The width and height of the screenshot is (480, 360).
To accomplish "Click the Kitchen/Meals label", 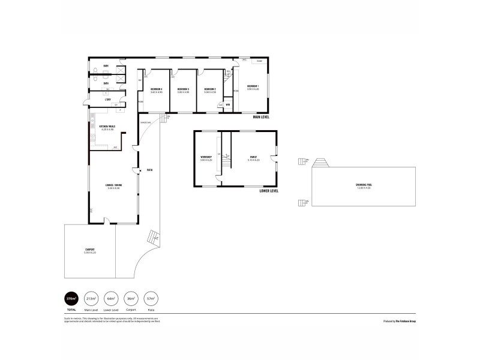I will (99, 127).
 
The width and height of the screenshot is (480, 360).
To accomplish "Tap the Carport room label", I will (90, 250).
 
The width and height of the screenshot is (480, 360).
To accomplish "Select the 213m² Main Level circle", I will (91, 298).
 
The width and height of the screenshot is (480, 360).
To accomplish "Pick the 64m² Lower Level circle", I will (110, 298).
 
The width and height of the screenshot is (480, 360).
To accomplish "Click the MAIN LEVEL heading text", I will (260, 117).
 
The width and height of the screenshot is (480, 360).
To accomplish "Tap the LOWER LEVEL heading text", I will (269, 191).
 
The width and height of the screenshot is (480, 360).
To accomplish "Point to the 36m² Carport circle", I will (131, 298).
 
